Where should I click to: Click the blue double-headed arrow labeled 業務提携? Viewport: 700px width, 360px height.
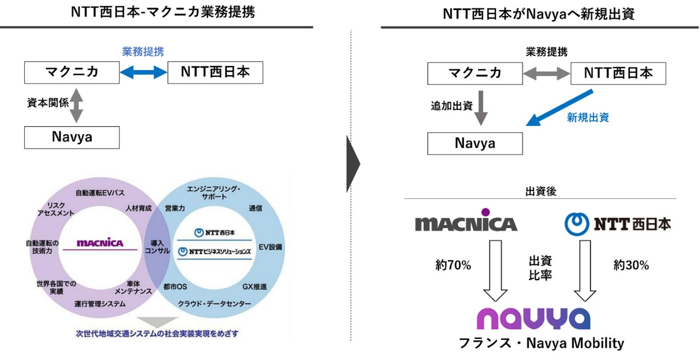pyautogui.click(x=143, y=73)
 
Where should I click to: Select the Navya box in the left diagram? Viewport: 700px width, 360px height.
pyautogui.click(x=72, y=137)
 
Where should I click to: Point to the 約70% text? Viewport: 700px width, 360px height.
pyautogui.click(x=453, y=265)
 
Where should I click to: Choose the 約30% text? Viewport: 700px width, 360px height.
pyautogui.click(x=631, y=265)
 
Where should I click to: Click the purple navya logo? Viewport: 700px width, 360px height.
pyautogui.click(x=533, y=319)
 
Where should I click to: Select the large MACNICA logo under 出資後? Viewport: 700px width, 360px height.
pyautogui.click(x=465, y=223)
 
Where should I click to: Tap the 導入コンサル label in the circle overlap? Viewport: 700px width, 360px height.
pyautogui.click(x=157, y=247)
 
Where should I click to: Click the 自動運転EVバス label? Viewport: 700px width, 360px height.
pyautogui.click(x=100, y=193)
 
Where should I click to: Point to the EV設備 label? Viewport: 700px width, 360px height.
pyautogui.click(x=270, y=247)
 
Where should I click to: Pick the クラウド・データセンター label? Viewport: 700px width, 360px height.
pyautogui.click(x=214, y=304)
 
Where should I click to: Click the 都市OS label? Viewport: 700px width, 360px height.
pyautogui.click(x=175, y=287)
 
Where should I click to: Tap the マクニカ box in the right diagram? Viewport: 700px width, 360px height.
pyautogui.click(x=475, y=74)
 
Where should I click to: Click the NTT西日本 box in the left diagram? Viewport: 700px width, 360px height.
pyautogui.click(x=215, y=73)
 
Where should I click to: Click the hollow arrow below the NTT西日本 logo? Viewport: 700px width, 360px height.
pyautogui.click(x=584, y=272)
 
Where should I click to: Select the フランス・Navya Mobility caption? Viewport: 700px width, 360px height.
pyautogui.click(x=541, y=343)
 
